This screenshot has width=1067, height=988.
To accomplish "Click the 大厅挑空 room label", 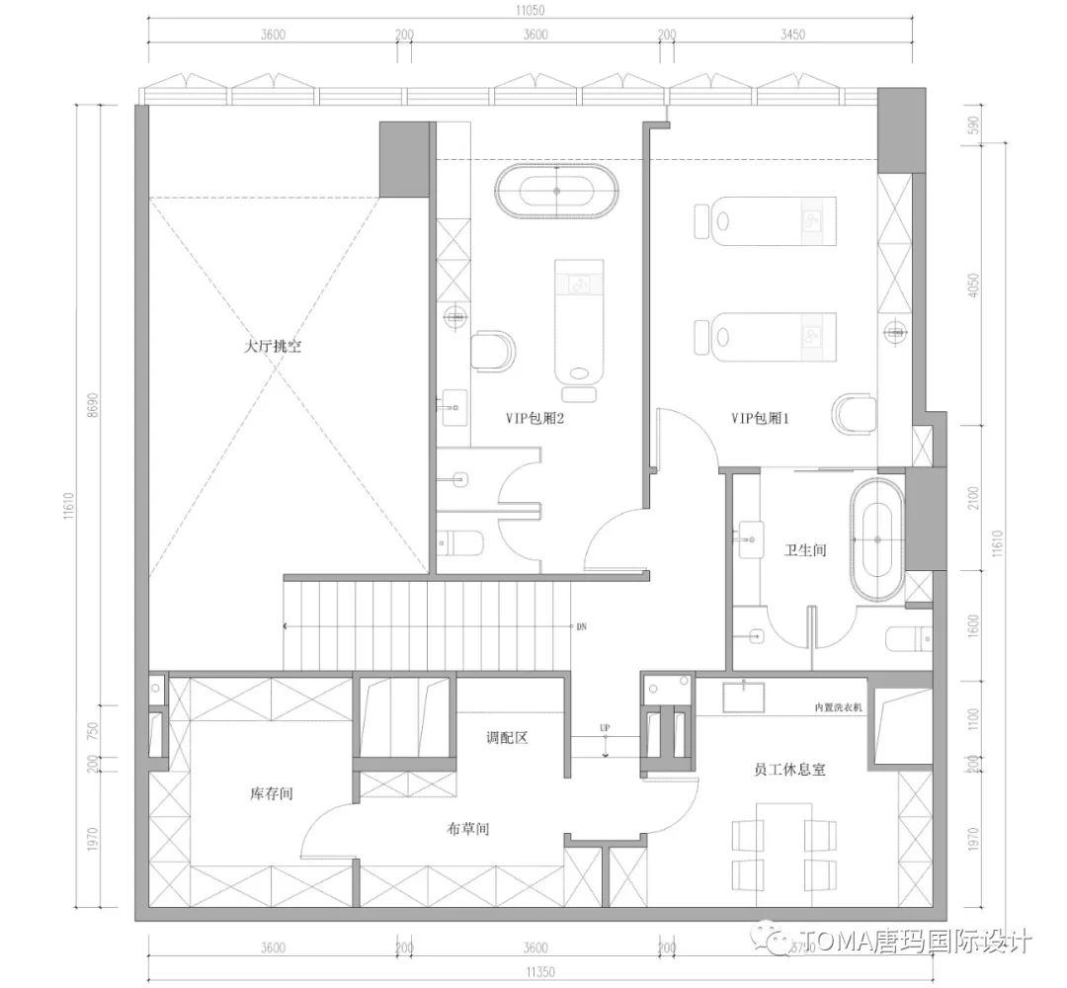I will point(273,348).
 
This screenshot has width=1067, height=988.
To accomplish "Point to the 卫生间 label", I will point(805,550).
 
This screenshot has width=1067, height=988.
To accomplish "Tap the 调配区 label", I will point(508,738).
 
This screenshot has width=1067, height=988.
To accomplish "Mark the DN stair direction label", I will point(583,626).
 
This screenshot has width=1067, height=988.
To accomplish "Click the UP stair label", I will point(605,728).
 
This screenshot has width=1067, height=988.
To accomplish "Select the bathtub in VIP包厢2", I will point(557,191).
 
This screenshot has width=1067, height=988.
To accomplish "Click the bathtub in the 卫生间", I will point(876,540).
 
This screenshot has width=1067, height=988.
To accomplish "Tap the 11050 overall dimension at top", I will point(530,11).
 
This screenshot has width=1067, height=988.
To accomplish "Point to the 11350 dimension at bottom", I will point(530,971).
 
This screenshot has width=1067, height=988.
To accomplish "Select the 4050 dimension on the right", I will point(975,284).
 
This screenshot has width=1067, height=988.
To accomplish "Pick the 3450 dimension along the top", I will point(792,34).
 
